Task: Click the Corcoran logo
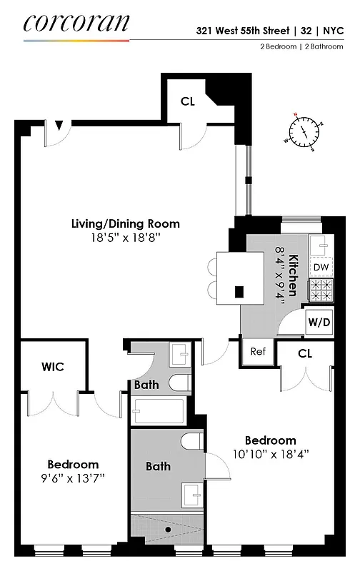(x=76, y=23)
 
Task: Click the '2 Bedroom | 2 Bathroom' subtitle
(x=296, y=47)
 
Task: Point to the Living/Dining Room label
(x=125, y=223)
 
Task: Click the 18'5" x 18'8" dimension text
(x=125, y=238)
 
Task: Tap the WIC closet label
(x=53, y=367)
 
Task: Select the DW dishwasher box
(x=321, y=267)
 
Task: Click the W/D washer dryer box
(x=319, y=322)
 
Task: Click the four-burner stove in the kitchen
(x=321, y=290)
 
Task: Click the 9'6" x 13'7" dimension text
(x=73, y=477)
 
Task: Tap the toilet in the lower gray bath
(x=190, y=443)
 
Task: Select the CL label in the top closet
(x=187, y=101)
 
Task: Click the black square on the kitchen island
(x=239, y=291)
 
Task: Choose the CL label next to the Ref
(x=305, y=353)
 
